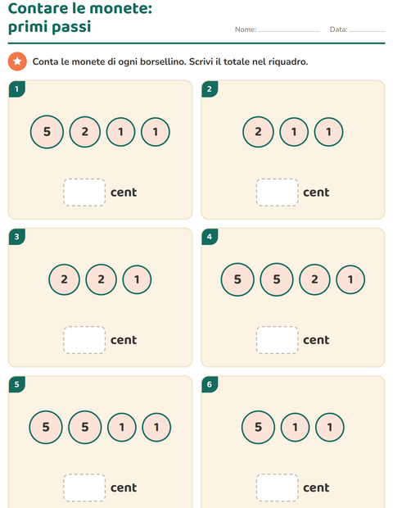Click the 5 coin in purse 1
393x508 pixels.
tap(47, 132)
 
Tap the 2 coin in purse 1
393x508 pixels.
tap(85, 132)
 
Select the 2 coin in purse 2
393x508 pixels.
tap(258, 132)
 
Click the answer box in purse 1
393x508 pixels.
tap(84, 192)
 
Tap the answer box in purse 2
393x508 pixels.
tap(277, 192)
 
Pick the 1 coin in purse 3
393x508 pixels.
tap(137, 279)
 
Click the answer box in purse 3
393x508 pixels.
tap(84, 340)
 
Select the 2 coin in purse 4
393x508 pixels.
tap(314, 279)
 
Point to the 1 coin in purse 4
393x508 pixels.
tap(350, 279)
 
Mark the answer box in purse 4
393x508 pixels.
tap(277, 340)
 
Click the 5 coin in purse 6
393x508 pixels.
tap(258, 428)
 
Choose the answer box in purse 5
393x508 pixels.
tap(84, 488)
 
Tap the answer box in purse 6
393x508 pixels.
tap(277, 488)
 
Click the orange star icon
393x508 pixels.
tap(17, 61)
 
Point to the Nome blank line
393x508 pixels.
tap(289, 31)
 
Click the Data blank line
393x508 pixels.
tap(367, 31)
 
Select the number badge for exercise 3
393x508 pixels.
tap(16, 237)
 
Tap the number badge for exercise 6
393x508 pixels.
tap(210, 384)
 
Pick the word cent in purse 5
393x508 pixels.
tap(124, 488)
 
